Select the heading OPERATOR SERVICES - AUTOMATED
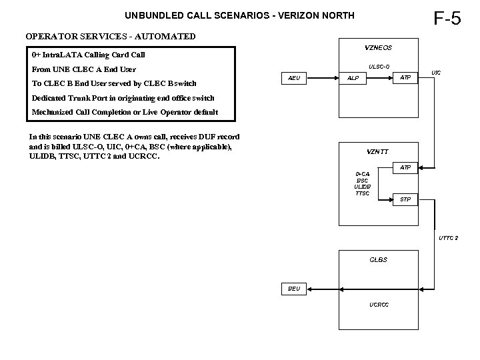[111, 36]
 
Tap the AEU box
[293, 79]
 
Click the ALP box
[353, 79]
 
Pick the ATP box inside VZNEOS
[405, 79]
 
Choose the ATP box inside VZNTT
[405, 167]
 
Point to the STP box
[405, 199]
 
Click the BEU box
[293, 289]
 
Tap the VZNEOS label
[379, 47]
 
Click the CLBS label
[379, 259]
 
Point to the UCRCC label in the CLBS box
[379, 305]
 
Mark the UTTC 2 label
[448, 238]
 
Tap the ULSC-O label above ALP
[379, 66]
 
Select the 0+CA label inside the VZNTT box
[362, 174]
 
